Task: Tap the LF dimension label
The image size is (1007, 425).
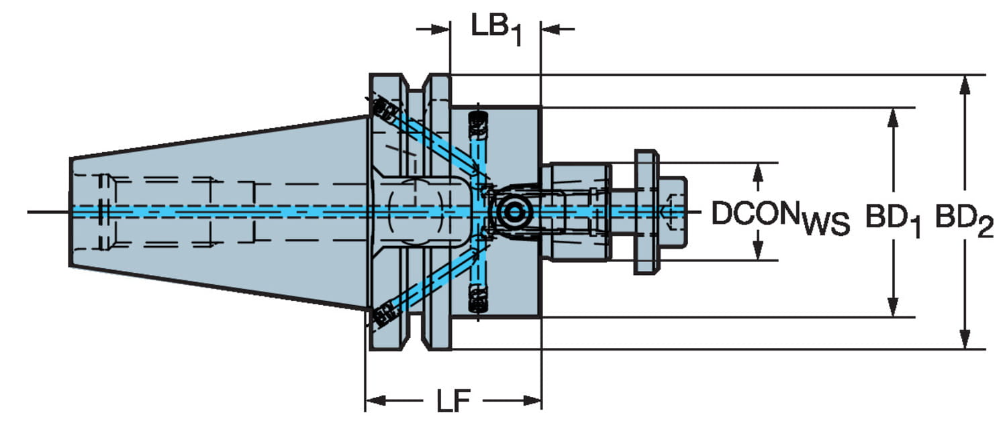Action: point(453,402)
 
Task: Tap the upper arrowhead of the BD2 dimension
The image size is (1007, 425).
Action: point(965,83)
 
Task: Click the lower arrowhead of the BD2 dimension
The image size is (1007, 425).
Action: point(965,341)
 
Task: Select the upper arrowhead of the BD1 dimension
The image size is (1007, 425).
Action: point(892,116)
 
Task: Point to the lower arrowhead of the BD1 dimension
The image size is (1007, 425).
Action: point(892,308)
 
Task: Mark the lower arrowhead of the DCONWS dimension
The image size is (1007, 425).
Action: point(758,252)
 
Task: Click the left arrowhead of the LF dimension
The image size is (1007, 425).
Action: point(373,401)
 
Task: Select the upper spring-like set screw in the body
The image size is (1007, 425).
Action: point(478,125)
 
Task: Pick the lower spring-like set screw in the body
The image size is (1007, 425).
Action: point(478,299)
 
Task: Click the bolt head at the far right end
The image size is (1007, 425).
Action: point(673,212)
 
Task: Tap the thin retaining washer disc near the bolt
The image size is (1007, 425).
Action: point(646,212)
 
